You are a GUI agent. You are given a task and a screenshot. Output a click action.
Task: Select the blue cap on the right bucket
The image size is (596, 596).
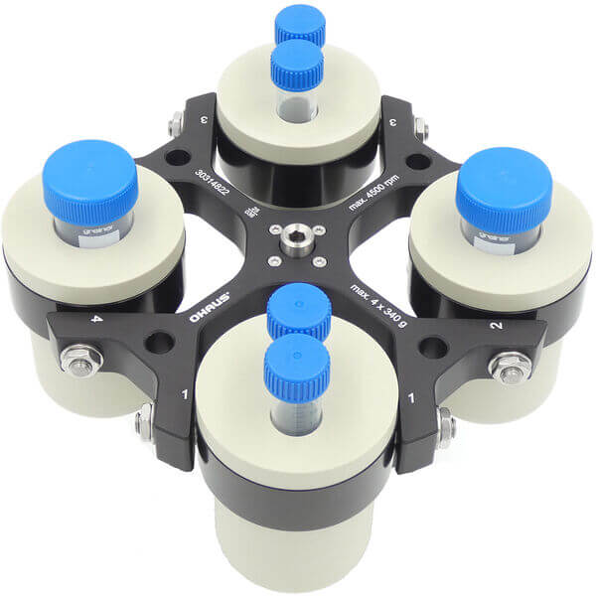pyautogui.click(x=504, y=190)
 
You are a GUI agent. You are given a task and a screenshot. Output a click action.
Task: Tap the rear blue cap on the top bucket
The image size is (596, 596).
pyautogui.click(x=301, y=25)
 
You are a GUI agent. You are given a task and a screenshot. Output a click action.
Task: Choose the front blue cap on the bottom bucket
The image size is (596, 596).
pyautogui.click(x=296, y=363)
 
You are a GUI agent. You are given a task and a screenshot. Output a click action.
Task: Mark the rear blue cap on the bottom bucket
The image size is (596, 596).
pyautogui.click(x=298, y=310)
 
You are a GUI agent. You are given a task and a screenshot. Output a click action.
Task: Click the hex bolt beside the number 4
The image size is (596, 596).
pyautogui.click(x=75, y=359)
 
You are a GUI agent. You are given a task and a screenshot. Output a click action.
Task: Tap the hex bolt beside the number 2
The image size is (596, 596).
pyautogui.click(x=508, y=368)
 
